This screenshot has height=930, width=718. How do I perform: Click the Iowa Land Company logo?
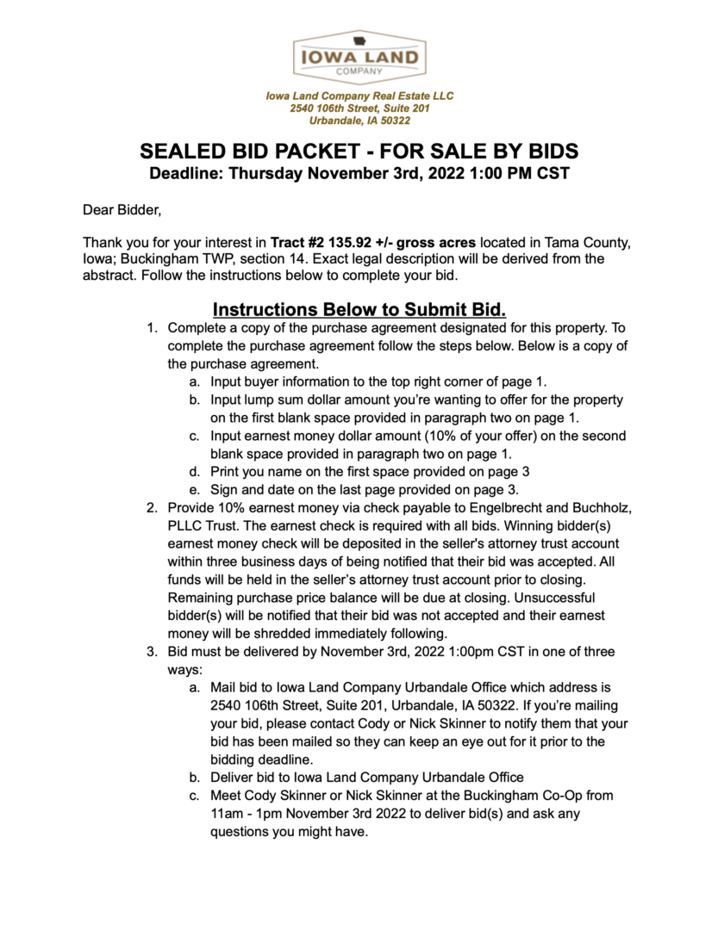[359, 57]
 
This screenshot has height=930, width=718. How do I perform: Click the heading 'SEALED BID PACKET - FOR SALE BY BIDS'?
[359, 152]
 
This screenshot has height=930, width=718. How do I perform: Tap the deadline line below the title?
[359, 173]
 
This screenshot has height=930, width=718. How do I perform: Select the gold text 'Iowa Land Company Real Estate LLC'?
[359, 96]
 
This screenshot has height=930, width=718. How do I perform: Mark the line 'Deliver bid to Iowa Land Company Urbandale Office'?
[367, 777]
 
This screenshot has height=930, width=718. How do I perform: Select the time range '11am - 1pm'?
[247, 813]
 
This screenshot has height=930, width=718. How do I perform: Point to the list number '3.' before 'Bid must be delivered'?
[152, 651]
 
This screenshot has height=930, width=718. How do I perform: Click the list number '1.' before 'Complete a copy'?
[152, 328]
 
